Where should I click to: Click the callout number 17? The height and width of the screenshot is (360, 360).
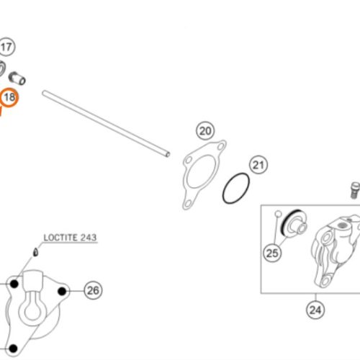coord(6,47)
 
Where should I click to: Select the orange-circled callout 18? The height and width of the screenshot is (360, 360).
coord(9,97)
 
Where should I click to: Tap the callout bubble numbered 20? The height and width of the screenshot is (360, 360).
coord(205,131)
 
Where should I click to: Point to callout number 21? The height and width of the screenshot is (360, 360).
coord(258,165)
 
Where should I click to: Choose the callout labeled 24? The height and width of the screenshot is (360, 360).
coord(315,310)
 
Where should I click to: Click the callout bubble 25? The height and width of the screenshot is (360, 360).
coord(272,253)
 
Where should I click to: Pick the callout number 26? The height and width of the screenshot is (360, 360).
coord(93,290)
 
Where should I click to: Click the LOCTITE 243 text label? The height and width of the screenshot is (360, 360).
coord(70,238)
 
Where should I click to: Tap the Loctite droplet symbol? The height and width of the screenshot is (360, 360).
coord(35,252)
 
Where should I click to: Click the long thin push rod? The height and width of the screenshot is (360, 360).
coord(106,124)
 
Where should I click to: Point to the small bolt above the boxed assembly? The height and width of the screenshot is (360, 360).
coord(355,190)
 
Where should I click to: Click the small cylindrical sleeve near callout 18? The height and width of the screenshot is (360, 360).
coord(17,78)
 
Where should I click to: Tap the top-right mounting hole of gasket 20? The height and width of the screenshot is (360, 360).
coord(221,146)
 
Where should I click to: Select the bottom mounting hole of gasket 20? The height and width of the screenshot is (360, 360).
coord(187,204)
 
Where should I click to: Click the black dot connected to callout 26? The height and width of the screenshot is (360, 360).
coord(62,292)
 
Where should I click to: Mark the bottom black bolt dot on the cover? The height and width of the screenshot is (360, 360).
coord(13,348)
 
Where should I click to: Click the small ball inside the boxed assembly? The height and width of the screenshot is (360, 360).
coord(278,213)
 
